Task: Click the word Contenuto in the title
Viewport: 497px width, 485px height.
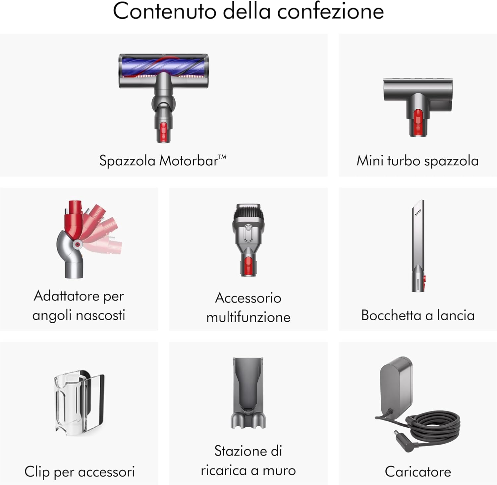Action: (x=165, y=11)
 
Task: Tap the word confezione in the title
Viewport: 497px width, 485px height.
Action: (x=330, y=11)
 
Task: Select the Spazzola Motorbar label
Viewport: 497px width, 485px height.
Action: (x=163, y=161)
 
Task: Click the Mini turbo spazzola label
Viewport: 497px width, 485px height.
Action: (x=417, y=161)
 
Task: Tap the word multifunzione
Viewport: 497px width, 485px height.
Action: (x=248, y=317)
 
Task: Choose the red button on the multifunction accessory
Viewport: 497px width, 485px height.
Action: (x=248, y=266)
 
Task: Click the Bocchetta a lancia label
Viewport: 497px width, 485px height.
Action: (x=418, y=315)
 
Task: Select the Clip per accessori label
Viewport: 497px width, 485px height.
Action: (x=80, y=472)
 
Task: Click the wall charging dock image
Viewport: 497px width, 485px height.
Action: (x=248, y=393)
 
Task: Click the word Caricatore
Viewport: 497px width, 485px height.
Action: (x=418, y=472)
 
